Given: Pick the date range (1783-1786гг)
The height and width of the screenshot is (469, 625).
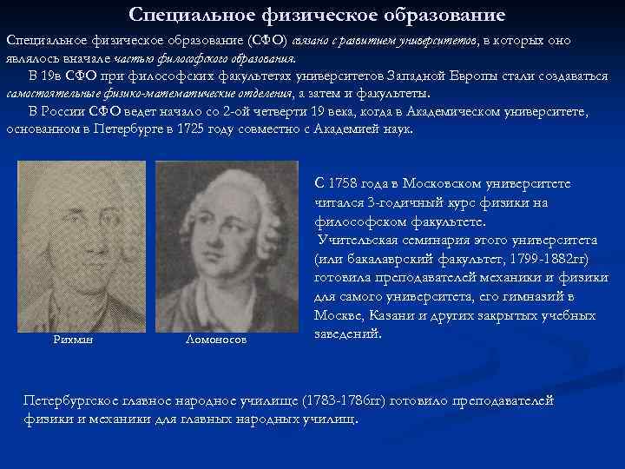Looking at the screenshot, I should [344, 400].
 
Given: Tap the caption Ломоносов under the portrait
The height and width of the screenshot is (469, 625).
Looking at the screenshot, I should [216, 340].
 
